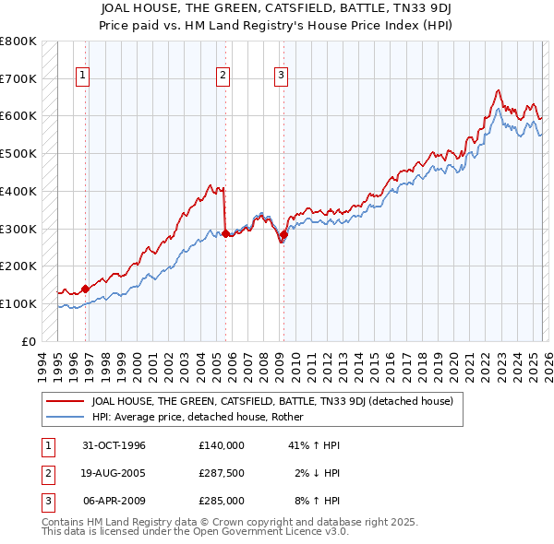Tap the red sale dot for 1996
click(x=85, y=289)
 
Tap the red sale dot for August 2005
click(x=225, y=233)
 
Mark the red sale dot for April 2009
click(x=283, y=234)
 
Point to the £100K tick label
click(x=18, y=303)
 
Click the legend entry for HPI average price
click(x=204, y=417)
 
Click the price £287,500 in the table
click(x=221, y=473)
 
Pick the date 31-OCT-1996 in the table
click(x=114, y=445)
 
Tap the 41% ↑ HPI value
click(x=314, y=445)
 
